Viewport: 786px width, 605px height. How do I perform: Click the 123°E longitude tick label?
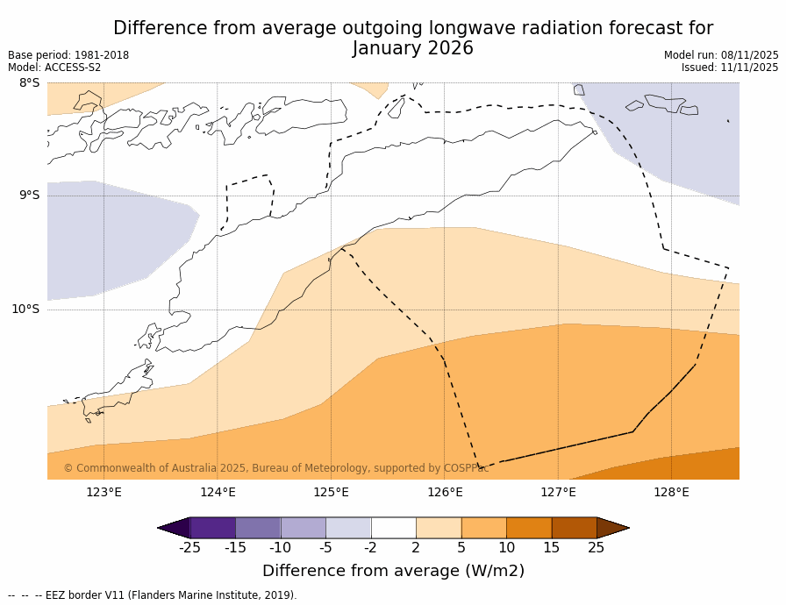[104, 493]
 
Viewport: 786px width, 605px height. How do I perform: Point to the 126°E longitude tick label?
[445, 493]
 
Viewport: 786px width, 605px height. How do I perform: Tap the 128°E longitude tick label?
[671, 493]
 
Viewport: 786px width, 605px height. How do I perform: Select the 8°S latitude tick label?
[29, 83]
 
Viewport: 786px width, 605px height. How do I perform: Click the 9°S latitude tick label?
[29, 196]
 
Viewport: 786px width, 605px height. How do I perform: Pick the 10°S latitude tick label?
[25, 310]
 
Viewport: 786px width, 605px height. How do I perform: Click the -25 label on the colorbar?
[189, 548]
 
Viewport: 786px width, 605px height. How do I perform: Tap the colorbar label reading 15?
[551, 548]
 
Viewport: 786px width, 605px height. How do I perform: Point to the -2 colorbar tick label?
[370, 548]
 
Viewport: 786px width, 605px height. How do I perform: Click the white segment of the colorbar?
[393, 528]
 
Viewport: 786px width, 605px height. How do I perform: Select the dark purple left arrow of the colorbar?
[174, 528]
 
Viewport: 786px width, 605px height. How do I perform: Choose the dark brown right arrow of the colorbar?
[613, 528]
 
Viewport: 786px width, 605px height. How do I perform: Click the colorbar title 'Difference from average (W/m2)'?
[393, 571]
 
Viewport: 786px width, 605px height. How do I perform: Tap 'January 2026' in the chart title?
[412, 49]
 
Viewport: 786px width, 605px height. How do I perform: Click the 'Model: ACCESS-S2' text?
[54, 68]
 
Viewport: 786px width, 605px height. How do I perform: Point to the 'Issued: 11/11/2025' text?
[730, 68]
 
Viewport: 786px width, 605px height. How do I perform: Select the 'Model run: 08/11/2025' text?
[721, 55]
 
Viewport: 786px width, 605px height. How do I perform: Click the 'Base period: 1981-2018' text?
[68, 55]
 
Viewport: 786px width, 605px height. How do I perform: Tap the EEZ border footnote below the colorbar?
[153, 595]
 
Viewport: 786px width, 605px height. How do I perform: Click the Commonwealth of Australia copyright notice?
[276, 469]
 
